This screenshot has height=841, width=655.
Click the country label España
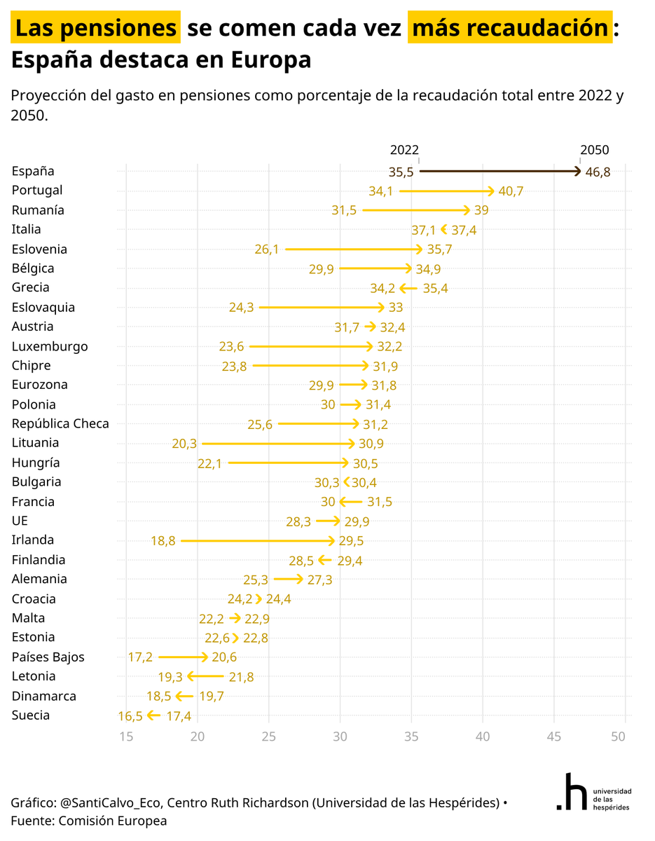click(x=32, y=171)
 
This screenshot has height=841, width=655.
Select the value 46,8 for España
click(x=598, y=172)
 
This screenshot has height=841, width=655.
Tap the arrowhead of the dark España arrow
click(x=577, y=171)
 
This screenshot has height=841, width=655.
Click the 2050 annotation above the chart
click(x=594, y=150)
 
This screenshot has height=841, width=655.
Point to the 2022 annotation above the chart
click(x=404, y=150)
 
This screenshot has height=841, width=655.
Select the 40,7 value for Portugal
click(x=511, y=191)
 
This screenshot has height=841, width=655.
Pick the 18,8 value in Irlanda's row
click(x=163, y=541)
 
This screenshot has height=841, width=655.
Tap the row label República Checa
click(x=60, y=423)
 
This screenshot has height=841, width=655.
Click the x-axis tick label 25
click(x=269, y=737)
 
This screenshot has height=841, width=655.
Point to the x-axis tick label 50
click(x=618, y=737)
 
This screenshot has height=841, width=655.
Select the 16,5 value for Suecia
click(x=130, y=716)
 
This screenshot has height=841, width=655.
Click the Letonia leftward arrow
click(x=205, y=676)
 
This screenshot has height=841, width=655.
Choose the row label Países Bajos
click(x=48, y=657)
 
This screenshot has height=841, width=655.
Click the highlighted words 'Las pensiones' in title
click(x=96, y=28)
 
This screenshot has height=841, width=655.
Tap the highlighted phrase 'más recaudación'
click(x=509, y=28)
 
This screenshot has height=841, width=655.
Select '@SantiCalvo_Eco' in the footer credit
click(x=111, y=802)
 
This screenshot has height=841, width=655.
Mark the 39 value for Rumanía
click(x=481, y=210)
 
